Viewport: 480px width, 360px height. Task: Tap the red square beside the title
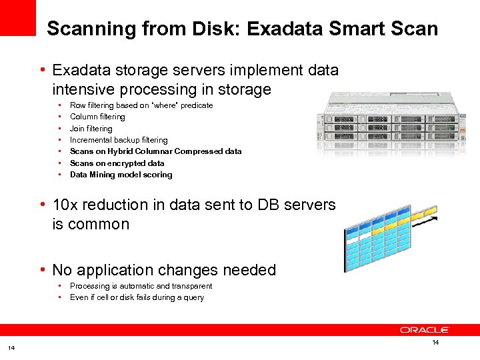point(17,17)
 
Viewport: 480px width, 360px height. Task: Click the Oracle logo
point(425,330)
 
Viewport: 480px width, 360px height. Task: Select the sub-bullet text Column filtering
point(97,117)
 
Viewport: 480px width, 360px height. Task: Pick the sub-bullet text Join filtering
point(91,129)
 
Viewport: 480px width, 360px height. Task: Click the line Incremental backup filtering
point(119,140)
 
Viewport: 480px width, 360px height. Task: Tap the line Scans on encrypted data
point(117,163)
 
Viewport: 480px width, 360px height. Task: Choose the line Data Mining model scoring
point(121,175)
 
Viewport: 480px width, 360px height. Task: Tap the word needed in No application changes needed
point(247,270)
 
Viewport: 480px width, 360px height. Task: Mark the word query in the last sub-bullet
point(194,297)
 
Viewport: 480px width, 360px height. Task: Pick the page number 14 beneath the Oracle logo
point(435,343)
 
